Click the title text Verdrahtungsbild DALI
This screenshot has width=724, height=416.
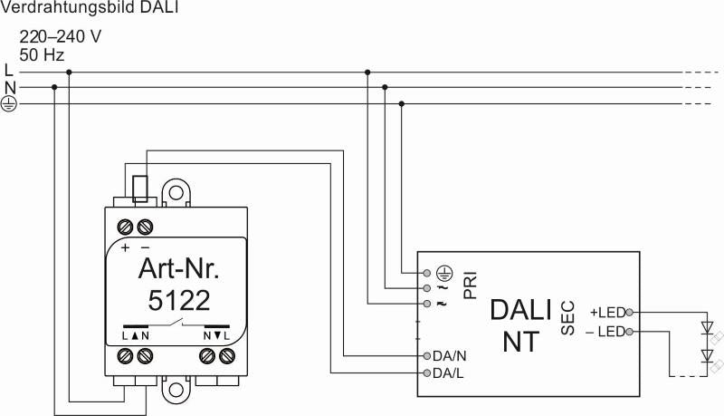coord(89,7)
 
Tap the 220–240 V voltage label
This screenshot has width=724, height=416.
coord(60,36)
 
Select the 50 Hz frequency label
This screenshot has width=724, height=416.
coord(42,55)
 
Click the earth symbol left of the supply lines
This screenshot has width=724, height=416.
coord(8,104)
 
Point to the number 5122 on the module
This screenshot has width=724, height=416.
coord(179,301)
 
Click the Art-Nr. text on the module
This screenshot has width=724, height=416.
coord(178,268)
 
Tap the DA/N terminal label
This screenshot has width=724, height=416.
coord(449,356)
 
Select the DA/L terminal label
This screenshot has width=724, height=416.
coord(448,373)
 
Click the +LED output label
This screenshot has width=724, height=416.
coord(607,313)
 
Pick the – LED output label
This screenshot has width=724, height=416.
coord(605,332)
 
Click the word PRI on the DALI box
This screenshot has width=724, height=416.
coord(470,285)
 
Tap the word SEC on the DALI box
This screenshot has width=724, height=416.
coord(568,318)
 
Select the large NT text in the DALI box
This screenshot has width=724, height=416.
coord(521,342)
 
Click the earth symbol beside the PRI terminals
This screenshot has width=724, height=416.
coord(444,273)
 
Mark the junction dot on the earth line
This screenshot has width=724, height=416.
coord(401,104)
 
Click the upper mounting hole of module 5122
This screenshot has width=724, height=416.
coord(176,193)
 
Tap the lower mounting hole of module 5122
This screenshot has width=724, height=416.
coord(176,389)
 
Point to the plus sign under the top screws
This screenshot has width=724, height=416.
coord(125,247)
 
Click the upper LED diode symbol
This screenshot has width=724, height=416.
coord(707,328)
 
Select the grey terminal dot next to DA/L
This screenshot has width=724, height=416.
coord(427,373)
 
